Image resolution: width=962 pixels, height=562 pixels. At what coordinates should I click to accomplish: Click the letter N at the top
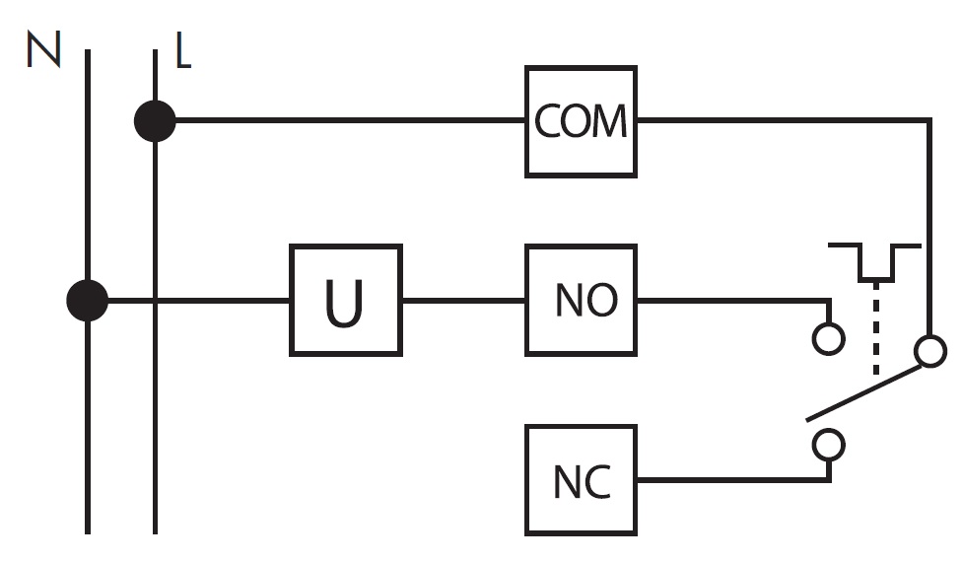click(43, 49)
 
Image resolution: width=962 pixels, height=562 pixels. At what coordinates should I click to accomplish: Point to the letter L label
click(182, 49)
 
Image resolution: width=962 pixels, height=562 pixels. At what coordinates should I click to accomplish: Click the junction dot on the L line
click(155, 121)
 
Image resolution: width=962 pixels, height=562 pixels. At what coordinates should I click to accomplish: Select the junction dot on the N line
click(87, 301)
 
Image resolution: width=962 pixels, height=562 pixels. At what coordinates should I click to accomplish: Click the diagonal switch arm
click(863, 393)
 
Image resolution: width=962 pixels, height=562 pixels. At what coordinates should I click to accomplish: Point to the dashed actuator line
click(875, 328)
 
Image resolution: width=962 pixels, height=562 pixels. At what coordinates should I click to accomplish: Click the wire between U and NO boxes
click(464, 301)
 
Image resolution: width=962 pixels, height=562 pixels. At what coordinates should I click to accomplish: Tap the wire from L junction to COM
click(350, 121)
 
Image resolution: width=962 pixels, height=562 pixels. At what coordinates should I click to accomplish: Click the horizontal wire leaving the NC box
click(733, 480)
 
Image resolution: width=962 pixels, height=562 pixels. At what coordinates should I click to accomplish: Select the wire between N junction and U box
click(199, 301)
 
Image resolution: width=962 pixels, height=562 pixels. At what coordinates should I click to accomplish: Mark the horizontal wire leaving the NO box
click(733, 301)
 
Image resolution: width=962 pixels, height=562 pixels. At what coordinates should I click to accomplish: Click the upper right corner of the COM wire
click(929, 121)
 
